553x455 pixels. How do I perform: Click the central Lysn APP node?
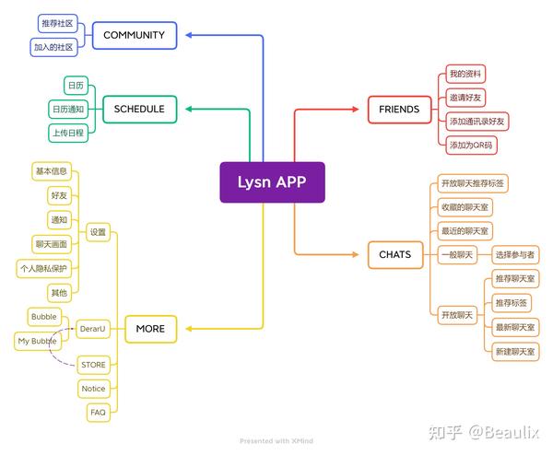coord(272,181)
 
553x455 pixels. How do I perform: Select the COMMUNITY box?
coord(134,35)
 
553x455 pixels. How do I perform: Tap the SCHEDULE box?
coord(139,109)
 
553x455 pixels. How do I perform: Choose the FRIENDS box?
coord(398,110)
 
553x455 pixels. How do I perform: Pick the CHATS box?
coord(394,254)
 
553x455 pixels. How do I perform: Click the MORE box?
coord(150,329)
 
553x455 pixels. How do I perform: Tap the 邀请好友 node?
coord(465,97)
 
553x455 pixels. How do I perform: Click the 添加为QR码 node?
coord(470,145)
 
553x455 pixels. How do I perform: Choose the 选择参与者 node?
coord(515,254)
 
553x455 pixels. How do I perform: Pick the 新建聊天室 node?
coord(514,351)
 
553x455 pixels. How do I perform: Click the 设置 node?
coord(99,233)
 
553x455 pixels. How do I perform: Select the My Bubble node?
coord(37,341)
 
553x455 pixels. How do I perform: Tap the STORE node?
coord(94,365)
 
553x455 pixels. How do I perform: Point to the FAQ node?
coord(98,413)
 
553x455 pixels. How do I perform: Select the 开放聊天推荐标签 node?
coord(473,183)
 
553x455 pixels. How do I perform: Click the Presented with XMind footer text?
coord(276,441)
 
